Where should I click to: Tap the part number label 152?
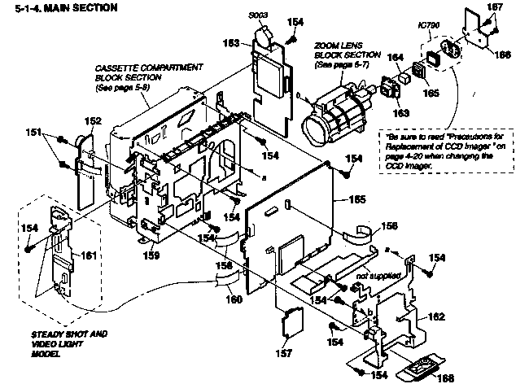tap(94, 121)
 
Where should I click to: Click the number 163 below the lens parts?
tap(401, 114)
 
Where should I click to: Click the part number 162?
tap(436, 315)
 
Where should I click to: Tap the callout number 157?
tap(284, 353)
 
